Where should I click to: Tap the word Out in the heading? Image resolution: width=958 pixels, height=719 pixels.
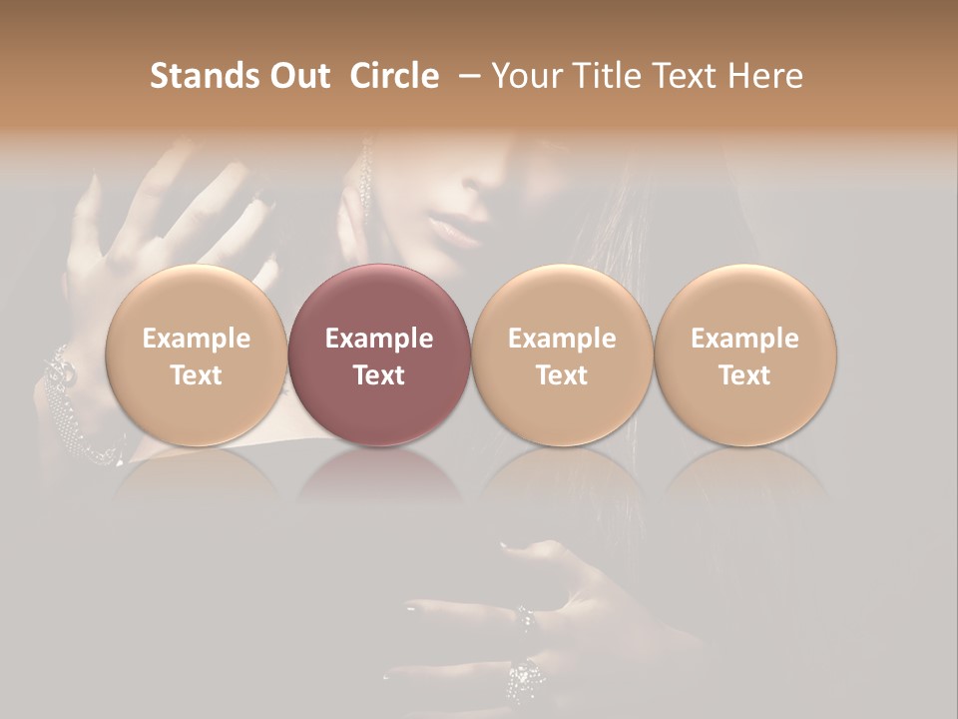[x=296, y=76]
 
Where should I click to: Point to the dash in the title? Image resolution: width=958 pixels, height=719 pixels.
[x=466, y=76]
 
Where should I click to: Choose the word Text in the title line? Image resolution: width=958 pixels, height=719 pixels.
[x=686, y=76]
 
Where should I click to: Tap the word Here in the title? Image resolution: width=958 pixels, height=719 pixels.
[x=765, y=76]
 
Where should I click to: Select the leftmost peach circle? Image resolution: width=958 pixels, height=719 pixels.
[x=196, y=355]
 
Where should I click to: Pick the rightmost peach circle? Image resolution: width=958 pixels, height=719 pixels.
[x=744, y=355]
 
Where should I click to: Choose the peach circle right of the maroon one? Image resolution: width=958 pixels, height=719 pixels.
[x=562, y=355]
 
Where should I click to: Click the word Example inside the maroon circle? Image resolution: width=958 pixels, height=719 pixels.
[x=378, y=339]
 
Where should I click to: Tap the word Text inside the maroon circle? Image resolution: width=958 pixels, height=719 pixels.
[x=378, y=375]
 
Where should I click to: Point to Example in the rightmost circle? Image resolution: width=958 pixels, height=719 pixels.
[x=744, y=339]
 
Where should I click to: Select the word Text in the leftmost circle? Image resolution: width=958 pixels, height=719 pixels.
[x=196, y=375]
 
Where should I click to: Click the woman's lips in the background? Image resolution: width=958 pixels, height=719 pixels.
[x=455, y=233]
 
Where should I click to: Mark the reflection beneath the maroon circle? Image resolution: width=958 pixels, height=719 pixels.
[x=378, y=474]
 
